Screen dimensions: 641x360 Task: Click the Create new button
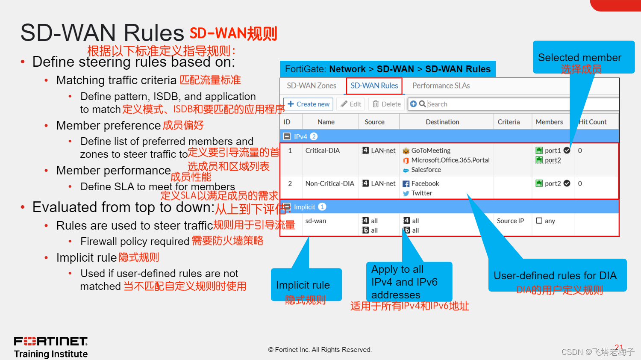coord(309,104)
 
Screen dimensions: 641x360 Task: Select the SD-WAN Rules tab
coord(374,86)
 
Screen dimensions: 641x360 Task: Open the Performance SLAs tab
coord(441,86)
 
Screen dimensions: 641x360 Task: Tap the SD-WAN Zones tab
coord(312,86)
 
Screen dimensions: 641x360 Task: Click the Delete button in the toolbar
coord(387,104)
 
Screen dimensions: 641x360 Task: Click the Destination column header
coord(442,122)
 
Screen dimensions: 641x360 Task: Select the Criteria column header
coord(509,122)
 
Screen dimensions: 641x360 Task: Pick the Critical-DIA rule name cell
coord(323,150)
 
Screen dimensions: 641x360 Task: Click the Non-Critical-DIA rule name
coord(330,183)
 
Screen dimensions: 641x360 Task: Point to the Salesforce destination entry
coord(426,170)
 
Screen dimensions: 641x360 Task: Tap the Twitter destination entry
coord(422,193)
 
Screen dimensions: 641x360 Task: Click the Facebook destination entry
coord(425,183)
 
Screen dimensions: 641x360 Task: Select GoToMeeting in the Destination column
coord(431,150)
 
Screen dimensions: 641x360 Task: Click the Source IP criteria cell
coord(510,221)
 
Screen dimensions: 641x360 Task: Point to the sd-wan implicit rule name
coord(316,221)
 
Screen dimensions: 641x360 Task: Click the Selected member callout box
coord(583,57)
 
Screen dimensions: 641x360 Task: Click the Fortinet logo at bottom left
coord(51,341)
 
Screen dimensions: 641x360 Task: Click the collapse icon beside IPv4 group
coord(287,136)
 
